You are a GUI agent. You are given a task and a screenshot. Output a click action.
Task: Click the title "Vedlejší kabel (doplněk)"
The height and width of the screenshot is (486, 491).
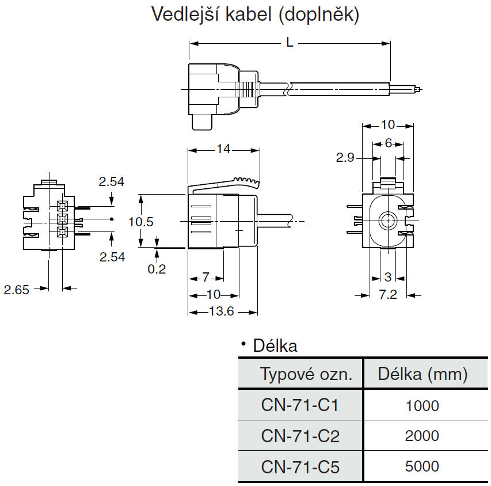[x=255, y=14]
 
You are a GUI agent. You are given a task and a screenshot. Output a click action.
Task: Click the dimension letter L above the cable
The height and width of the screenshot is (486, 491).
[x=290, y=41]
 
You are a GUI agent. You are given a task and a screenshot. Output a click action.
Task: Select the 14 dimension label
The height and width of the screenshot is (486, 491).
[x=223, y=149]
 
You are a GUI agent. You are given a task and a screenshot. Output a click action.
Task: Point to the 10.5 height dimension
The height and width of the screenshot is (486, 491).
[x=141, y=222]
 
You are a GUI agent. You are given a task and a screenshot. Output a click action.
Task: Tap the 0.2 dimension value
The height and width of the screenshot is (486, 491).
[x=157, y=269]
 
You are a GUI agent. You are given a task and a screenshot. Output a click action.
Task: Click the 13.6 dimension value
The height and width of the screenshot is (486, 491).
[x=222, y=311]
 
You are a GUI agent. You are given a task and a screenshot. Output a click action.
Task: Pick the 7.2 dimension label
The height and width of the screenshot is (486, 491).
[x=387, y=295]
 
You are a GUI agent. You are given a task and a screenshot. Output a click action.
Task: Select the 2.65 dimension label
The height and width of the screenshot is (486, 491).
[x=16, y=290]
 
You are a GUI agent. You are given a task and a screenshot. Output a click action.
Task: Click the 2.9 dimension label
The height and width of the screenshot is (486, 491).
[x=345, y=157]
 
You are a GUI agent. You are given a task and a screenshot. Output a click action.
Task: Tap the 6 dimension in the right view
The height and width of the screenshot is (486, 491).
[x=389, y=143]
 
